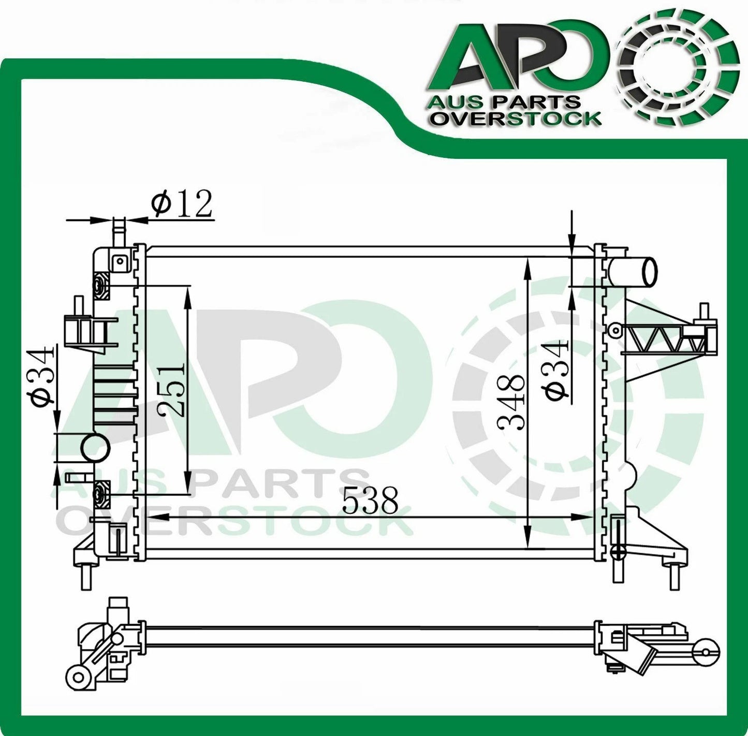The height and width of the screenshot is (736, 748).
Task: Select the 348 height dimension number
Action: pyautogui.click(x=512, y=404)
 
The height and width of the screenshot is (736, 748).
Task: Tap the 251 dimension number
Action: pyautogui.click(x=172, y=390)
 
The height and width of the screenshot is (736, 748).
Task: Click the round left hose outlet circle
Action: pyautogui.click(x=96, y=447)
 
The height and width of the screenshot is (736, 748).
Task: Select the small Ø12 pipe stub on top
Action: pyautogui.click(x=119, y=231)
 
